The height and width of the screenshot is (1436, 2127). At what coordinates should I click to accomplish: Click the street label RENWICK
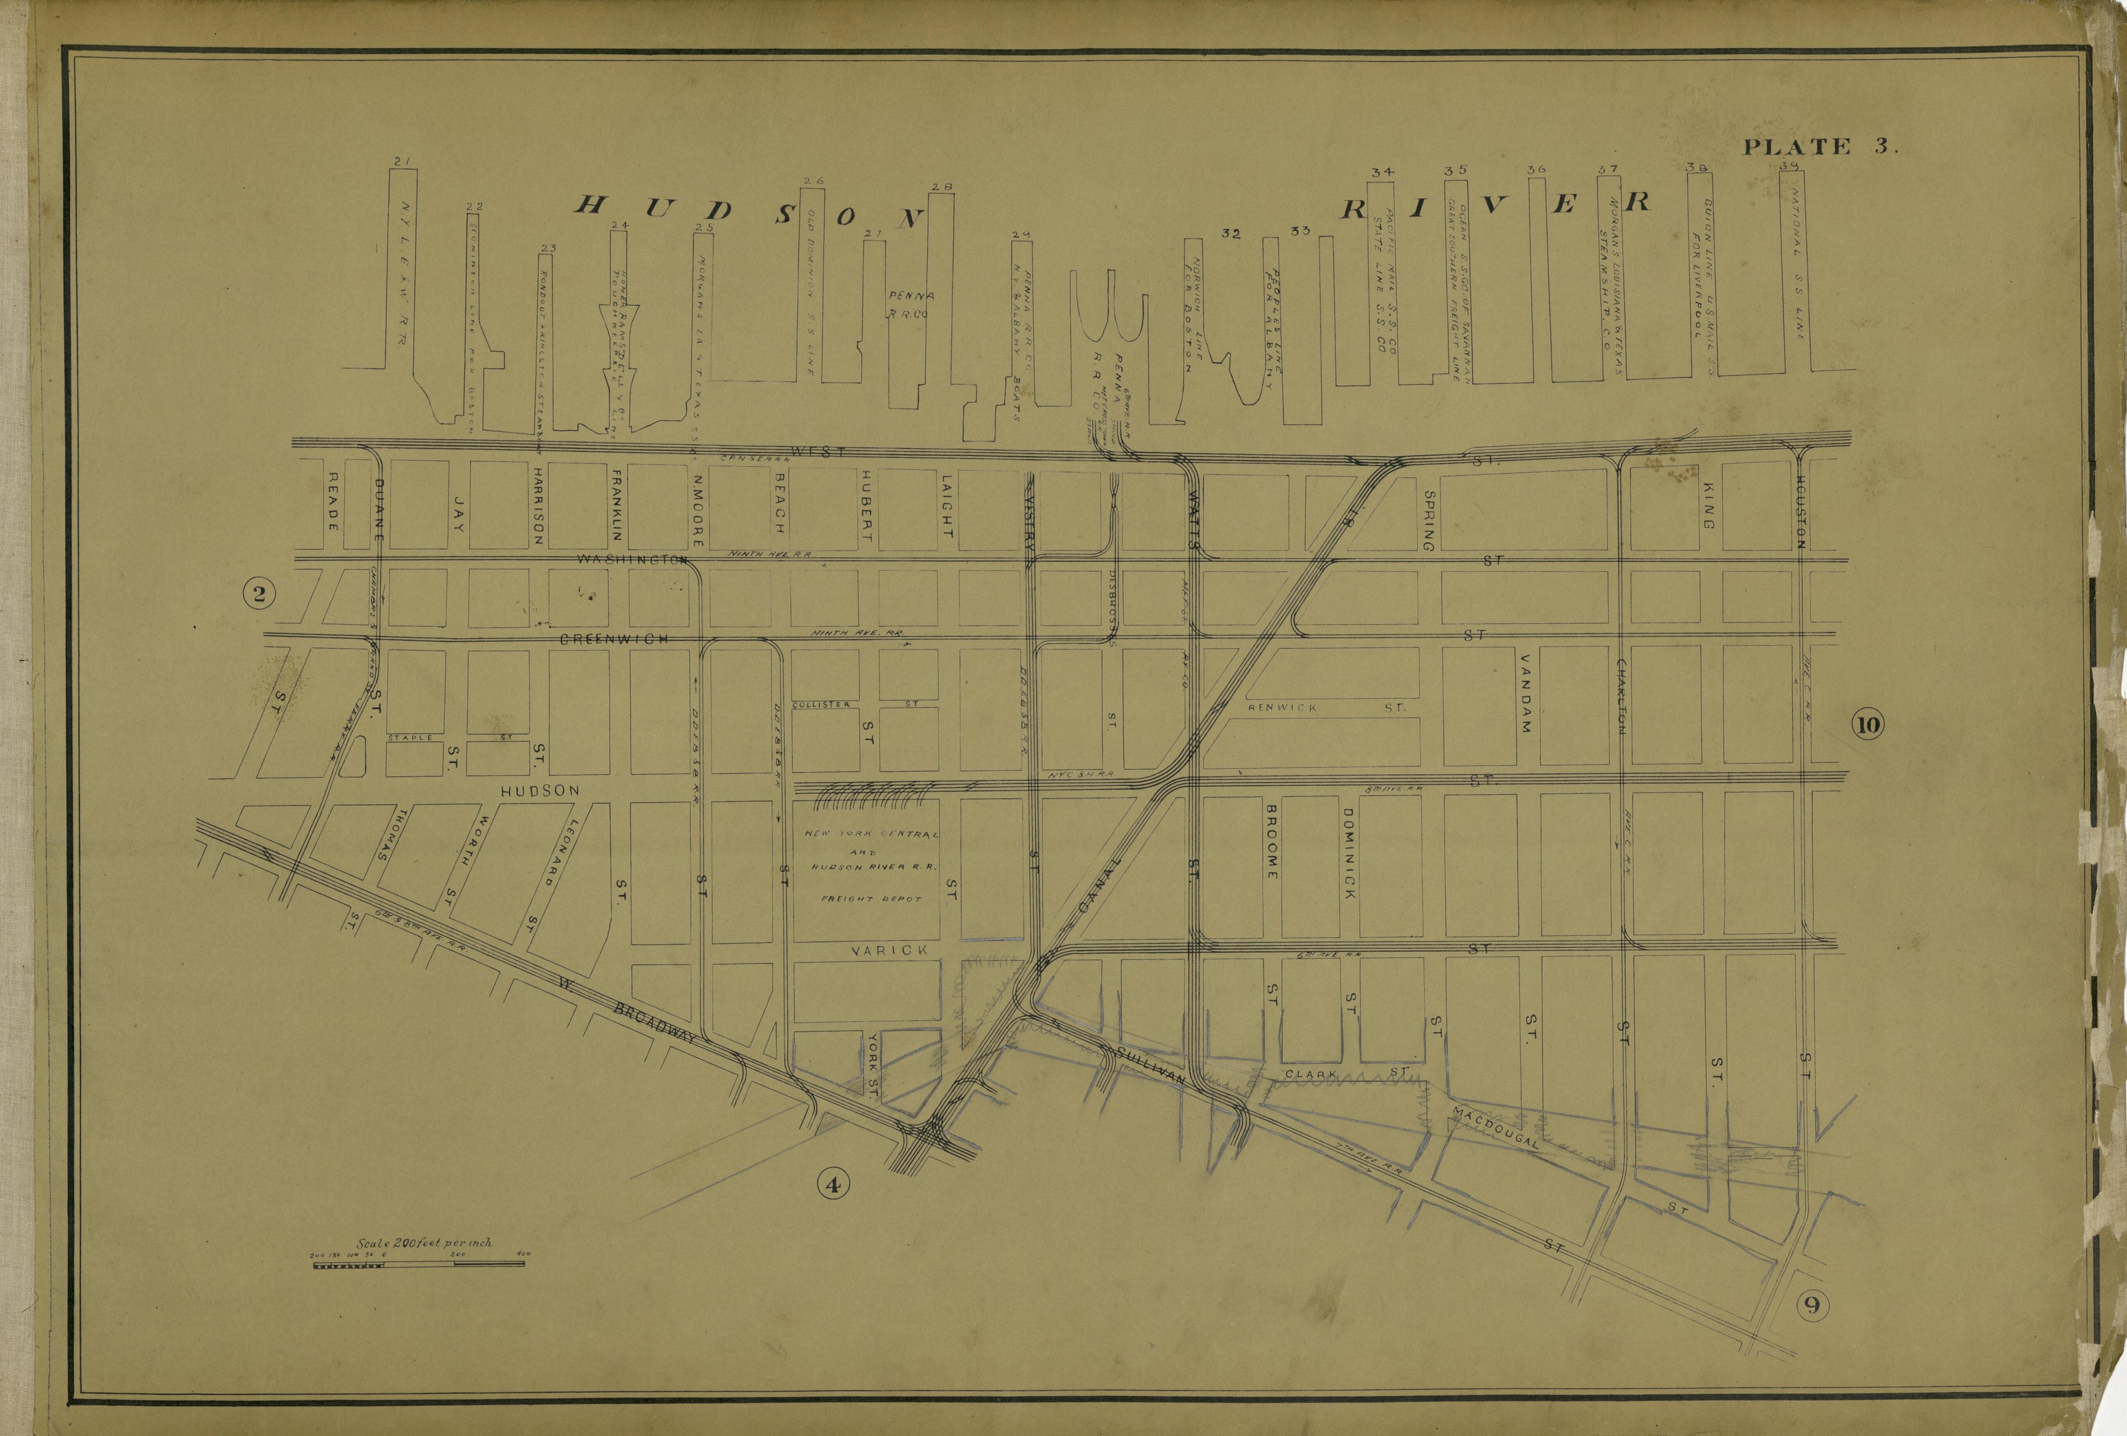tap(1283, 707)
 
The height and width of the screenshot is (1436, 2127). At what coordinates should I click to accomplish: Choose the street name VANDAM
tap(1525, 693)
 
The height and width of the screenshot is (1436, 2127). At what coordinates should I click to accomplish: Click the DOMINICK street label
tap(1349, 852)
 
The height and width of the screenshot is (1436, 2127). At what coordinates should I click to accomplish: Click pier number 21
tap(402, 162)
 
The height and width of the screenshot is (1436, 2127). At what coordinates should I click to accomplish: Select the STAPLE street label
tap(410, 737)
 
